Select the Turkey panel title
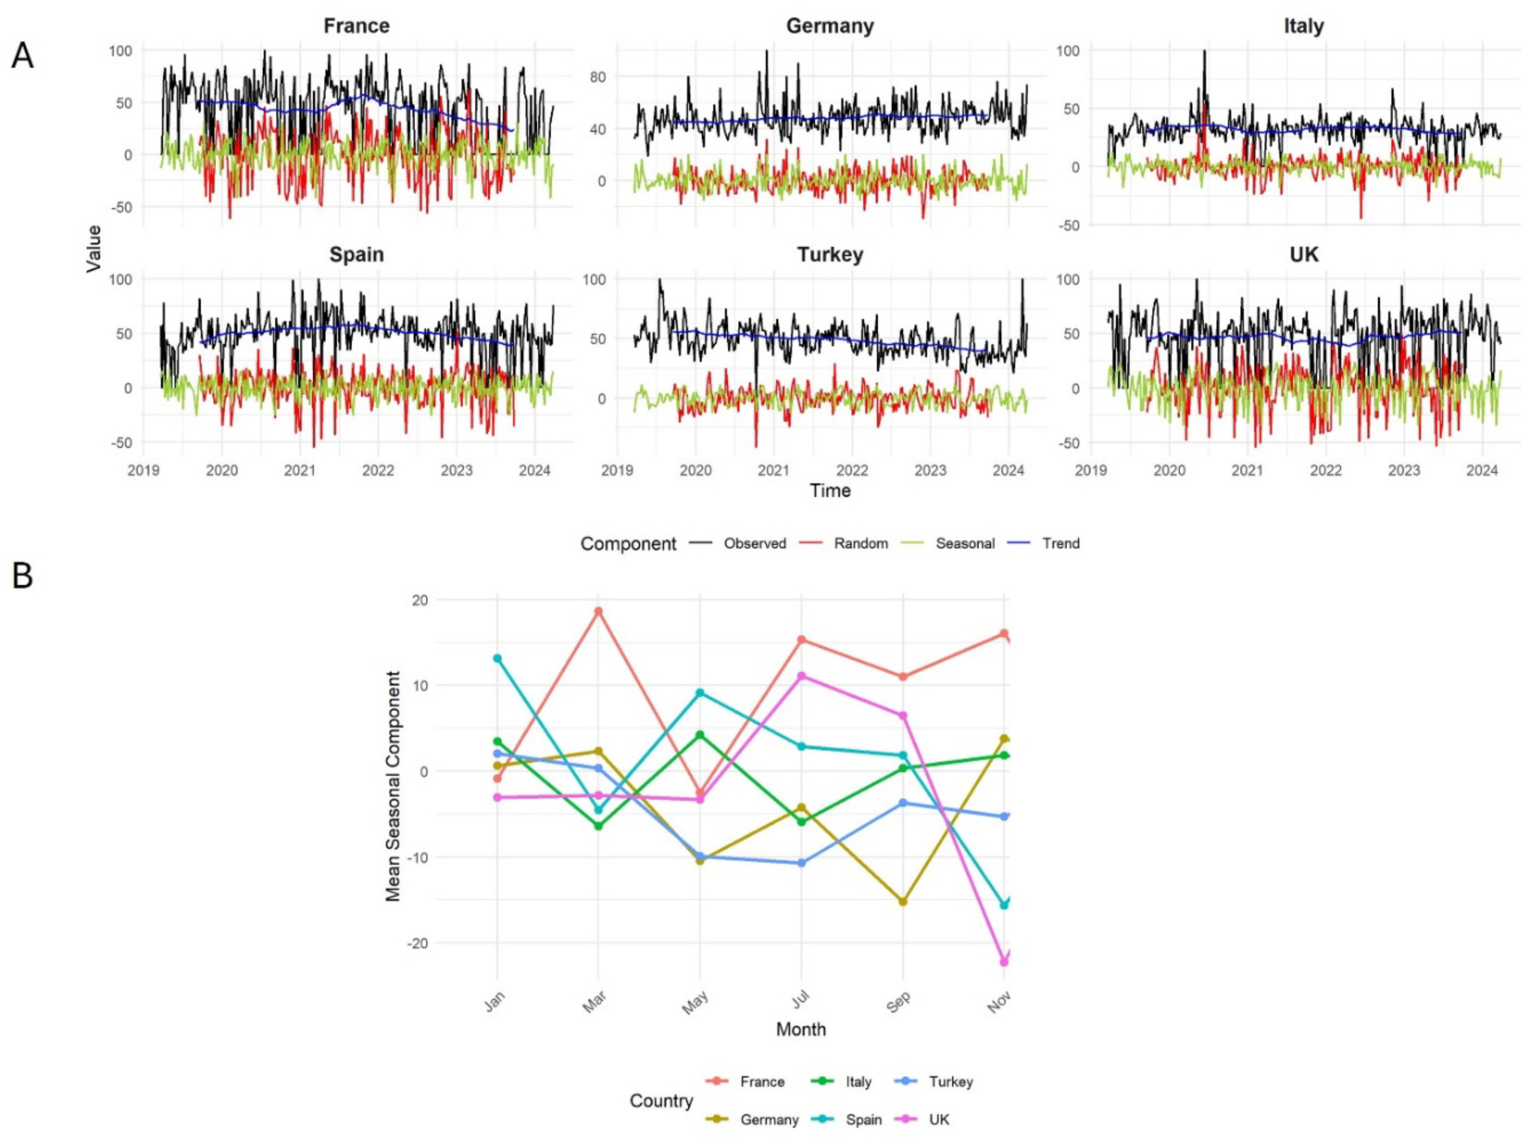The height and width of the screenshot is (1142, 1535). (830, 255)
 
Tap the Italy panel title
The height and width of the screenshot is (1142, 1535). (1303, 26)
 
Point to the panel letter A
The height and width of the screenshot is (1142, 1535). (22, 55)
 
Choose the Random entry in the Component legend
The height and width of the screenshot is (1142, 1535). (860, 543)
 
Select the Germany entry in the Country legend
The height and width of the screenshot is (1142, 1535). (769, 1119)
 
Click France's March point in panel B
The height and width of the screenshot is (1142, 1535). (598, 611)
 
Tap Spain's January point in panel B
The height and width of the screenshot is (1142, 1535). (497, 658)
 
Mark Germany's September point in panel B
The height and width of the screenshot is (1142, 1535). (902, 901)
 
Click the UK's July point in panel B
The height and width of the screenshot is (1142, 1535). (801, 675)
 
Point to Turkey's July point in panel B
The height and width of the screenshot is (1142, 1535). (801, 863)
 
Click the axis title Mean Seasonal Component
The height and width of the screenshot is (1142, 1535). (393, 786)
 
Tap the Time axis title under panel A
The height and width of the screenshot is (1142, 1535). (830, 491)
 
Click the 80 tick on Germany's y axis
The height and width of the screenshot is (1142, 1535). (598, 77)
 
